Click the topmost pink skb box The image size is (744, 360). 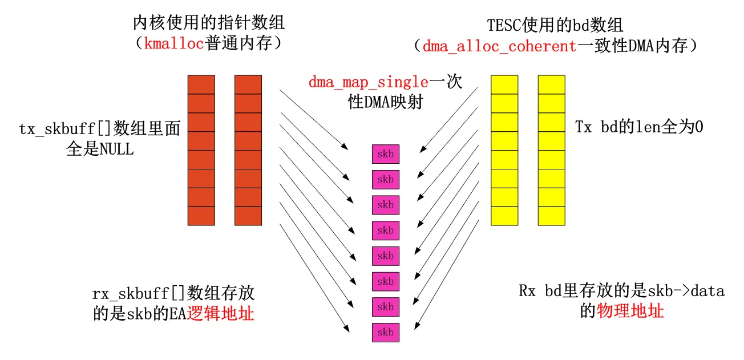pyautogui.click(x=386, y=154)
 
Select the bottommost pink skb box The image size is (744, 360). pyautogui.click(x=386, y=332)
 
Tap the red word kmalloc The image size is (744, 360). pyautogui.click(x=174, y=44)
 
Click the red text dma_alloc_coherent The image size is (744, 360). pyautogui.click(x=499, y=46)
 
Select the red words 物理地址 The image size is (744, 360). pyautogui.click(x=630, y=312)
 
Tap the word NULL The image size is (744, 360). pyautogui.click(x=116, y=149)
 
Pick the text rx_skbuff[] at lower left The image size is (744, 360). pyautogui.click(x=129, y=294)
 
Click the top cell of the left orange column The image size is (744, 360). pyautogui.click(x=201, y=84)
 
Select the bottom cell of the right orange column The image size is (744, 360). pyautogui.click(x=248, y=216)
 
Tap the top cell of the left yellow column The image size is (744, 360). pyautogui.click(x=504, y=84)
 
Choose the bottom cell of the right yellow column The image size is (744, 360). pyautogui.click(x=551, y=216)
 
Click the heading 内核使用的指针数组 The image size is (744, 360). pyautogui.click(x=208, y=23)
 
